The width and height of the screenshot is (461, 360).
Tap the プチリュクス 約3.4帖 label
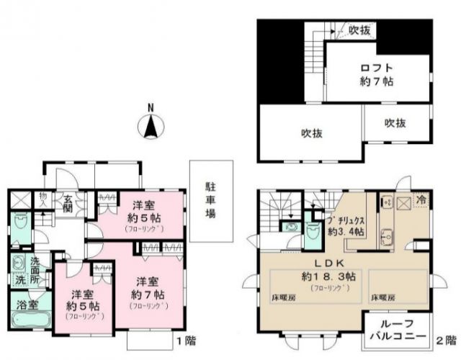click(x=348, y=225)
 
